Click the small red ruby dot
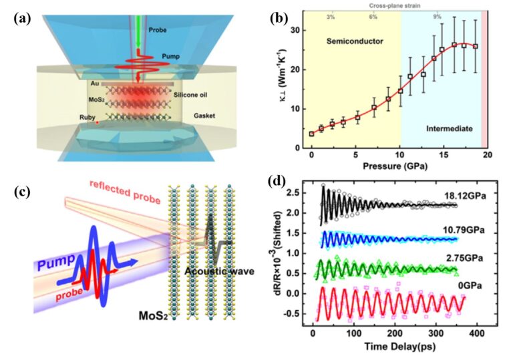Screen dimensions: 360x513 point(98,123)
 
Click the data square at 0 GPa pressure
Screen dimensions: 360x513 point(311,134)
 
